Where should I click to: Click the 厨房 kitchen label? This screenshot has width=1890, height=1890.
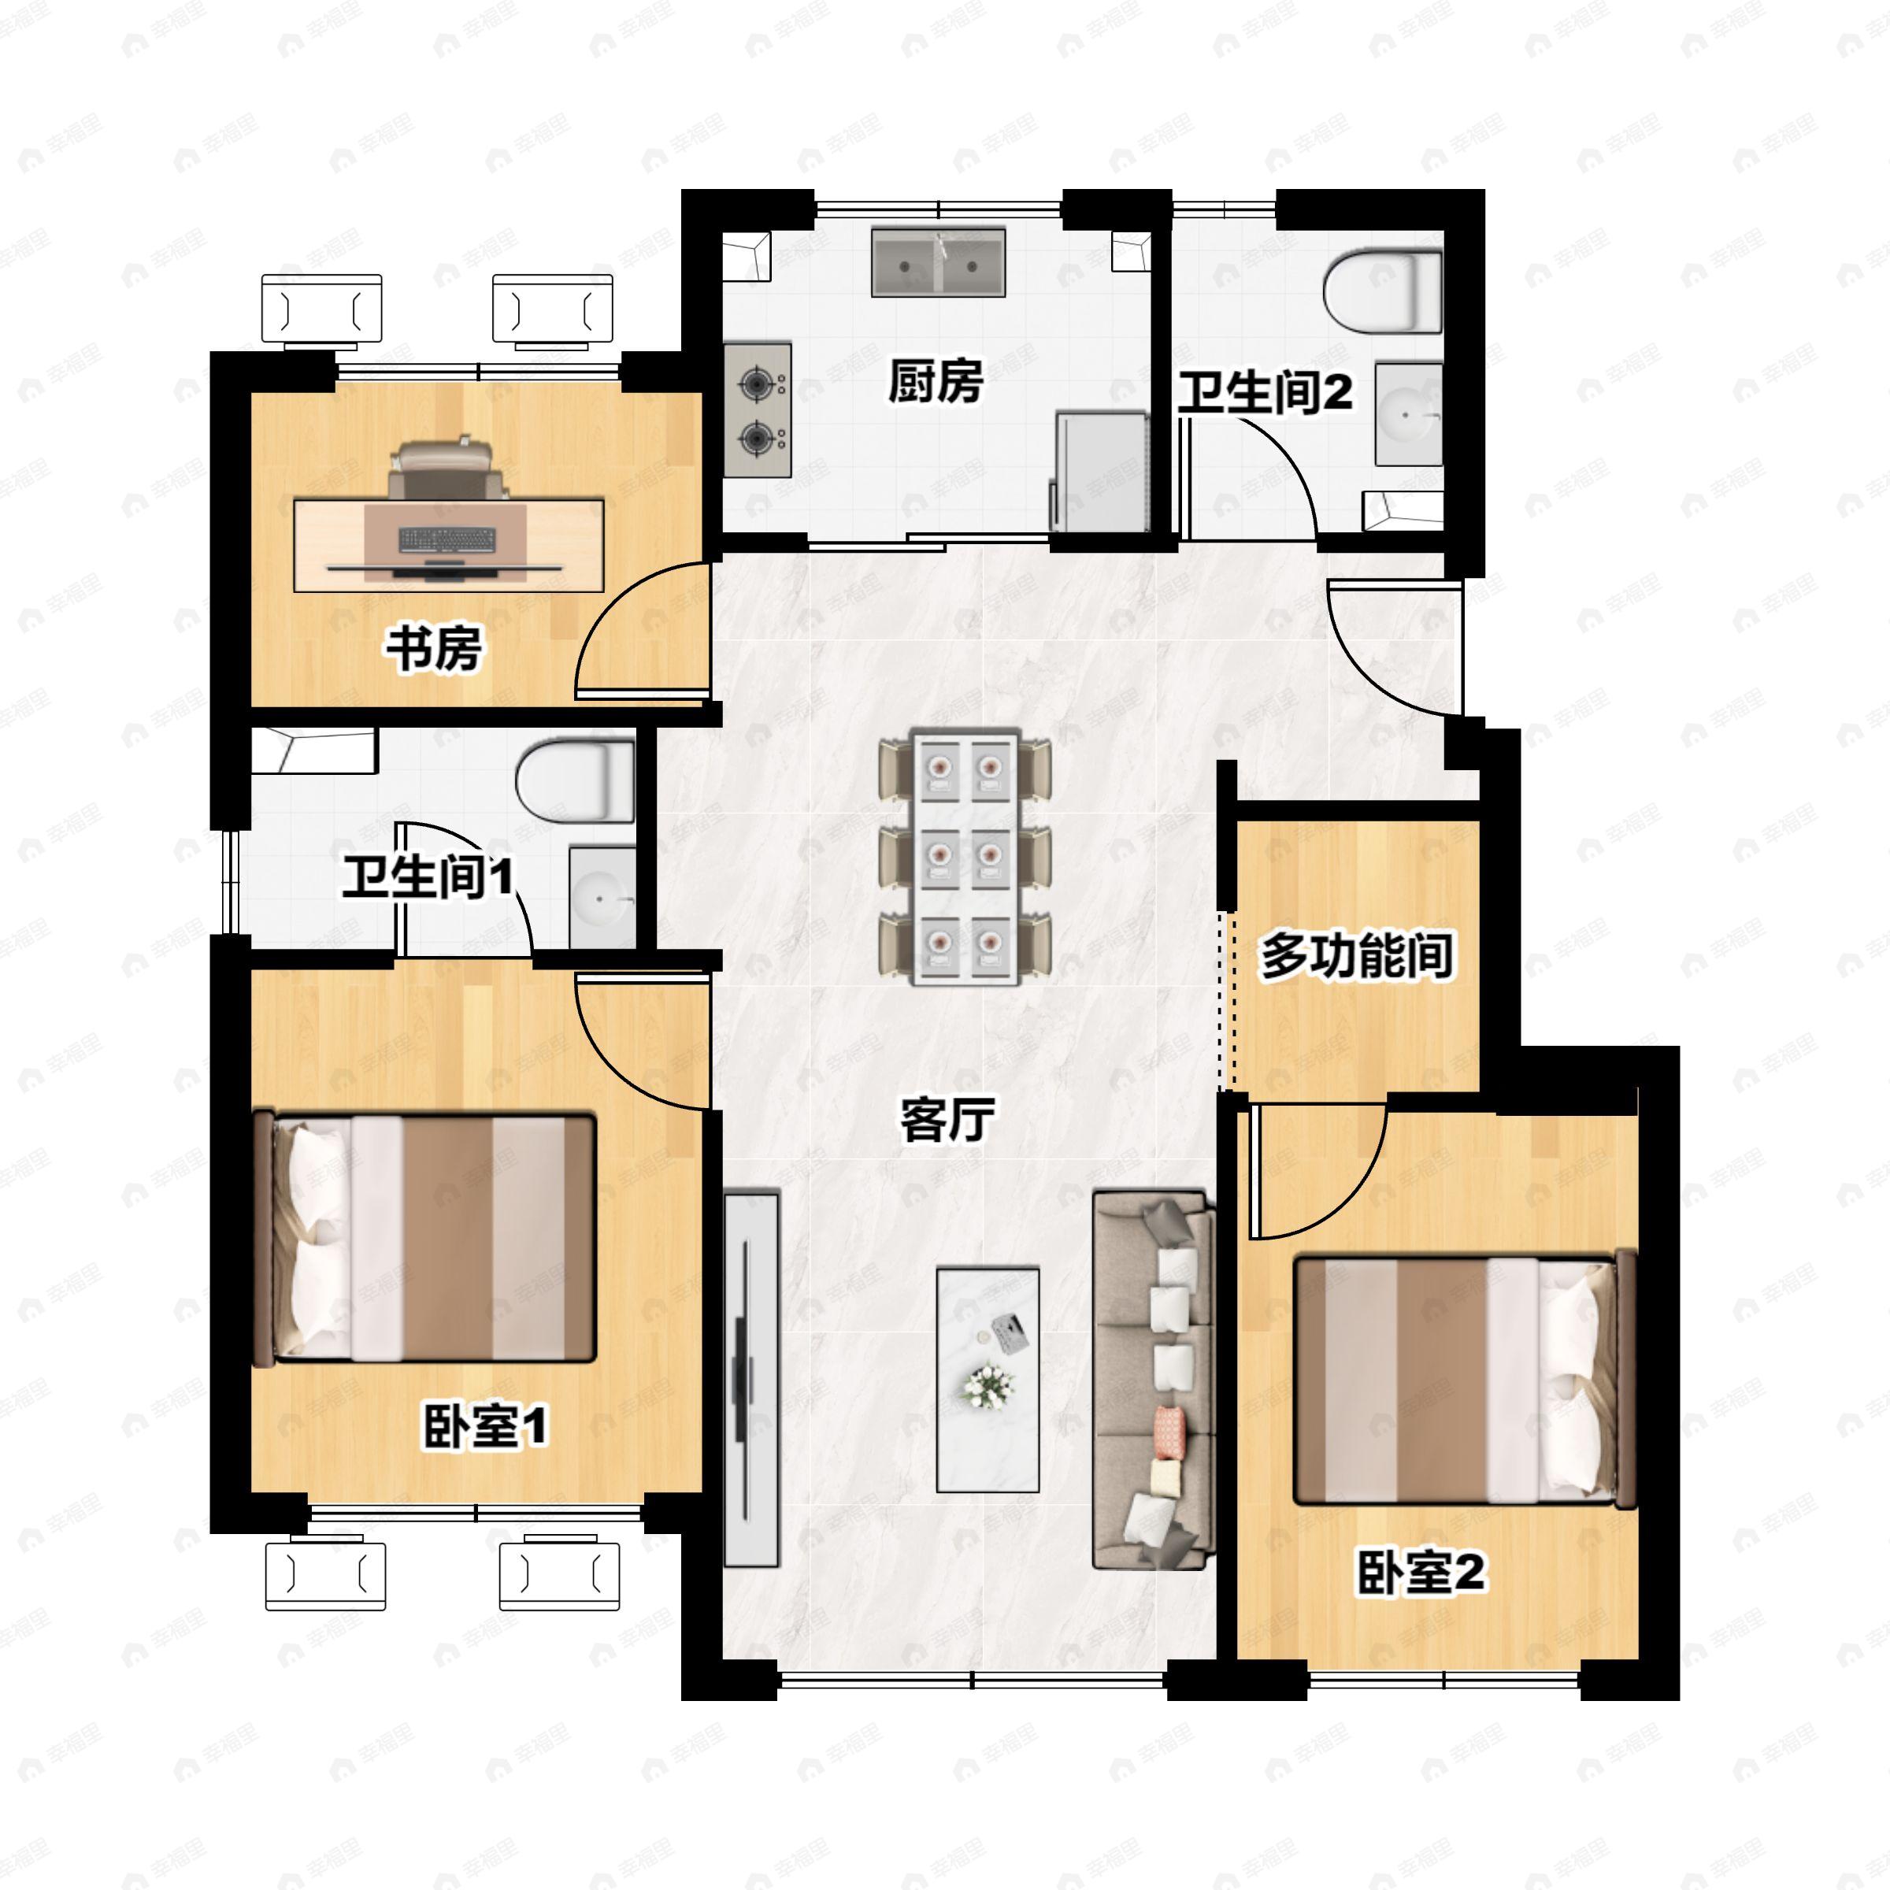pyautogui.click(x=936, y=380)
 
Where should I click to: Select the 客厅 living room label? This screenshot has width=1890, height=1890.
pyautogui.click(x=946, y=1119)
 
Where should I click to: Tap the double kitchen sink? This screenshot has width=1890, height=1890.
pyautogui.click(x=938, y=262)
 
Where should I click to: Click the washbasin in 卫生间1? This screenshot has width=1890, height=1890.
pyautogui.click(x=599, y=896)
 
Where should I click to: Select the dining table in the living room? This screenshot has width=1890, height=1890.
pyautogui.click(x=965, y=856)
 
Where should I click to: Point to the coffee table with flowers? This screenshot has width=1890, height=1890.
pyautogui.click(x=987, y=1380)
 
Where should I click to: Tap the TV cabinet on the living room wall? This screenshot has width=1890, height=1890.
pyautogui.click(x=751, y=1380)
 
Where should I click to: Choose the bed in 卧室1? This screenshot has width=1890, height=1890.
pyautogui.click(x=424, y=1237)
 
